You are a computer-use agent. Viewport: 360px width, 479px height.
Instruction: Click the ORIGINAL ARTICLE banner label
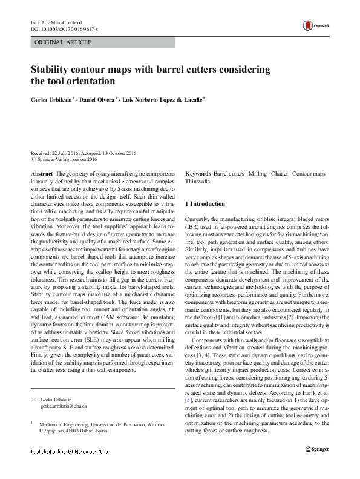click(x=64, y=42)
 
